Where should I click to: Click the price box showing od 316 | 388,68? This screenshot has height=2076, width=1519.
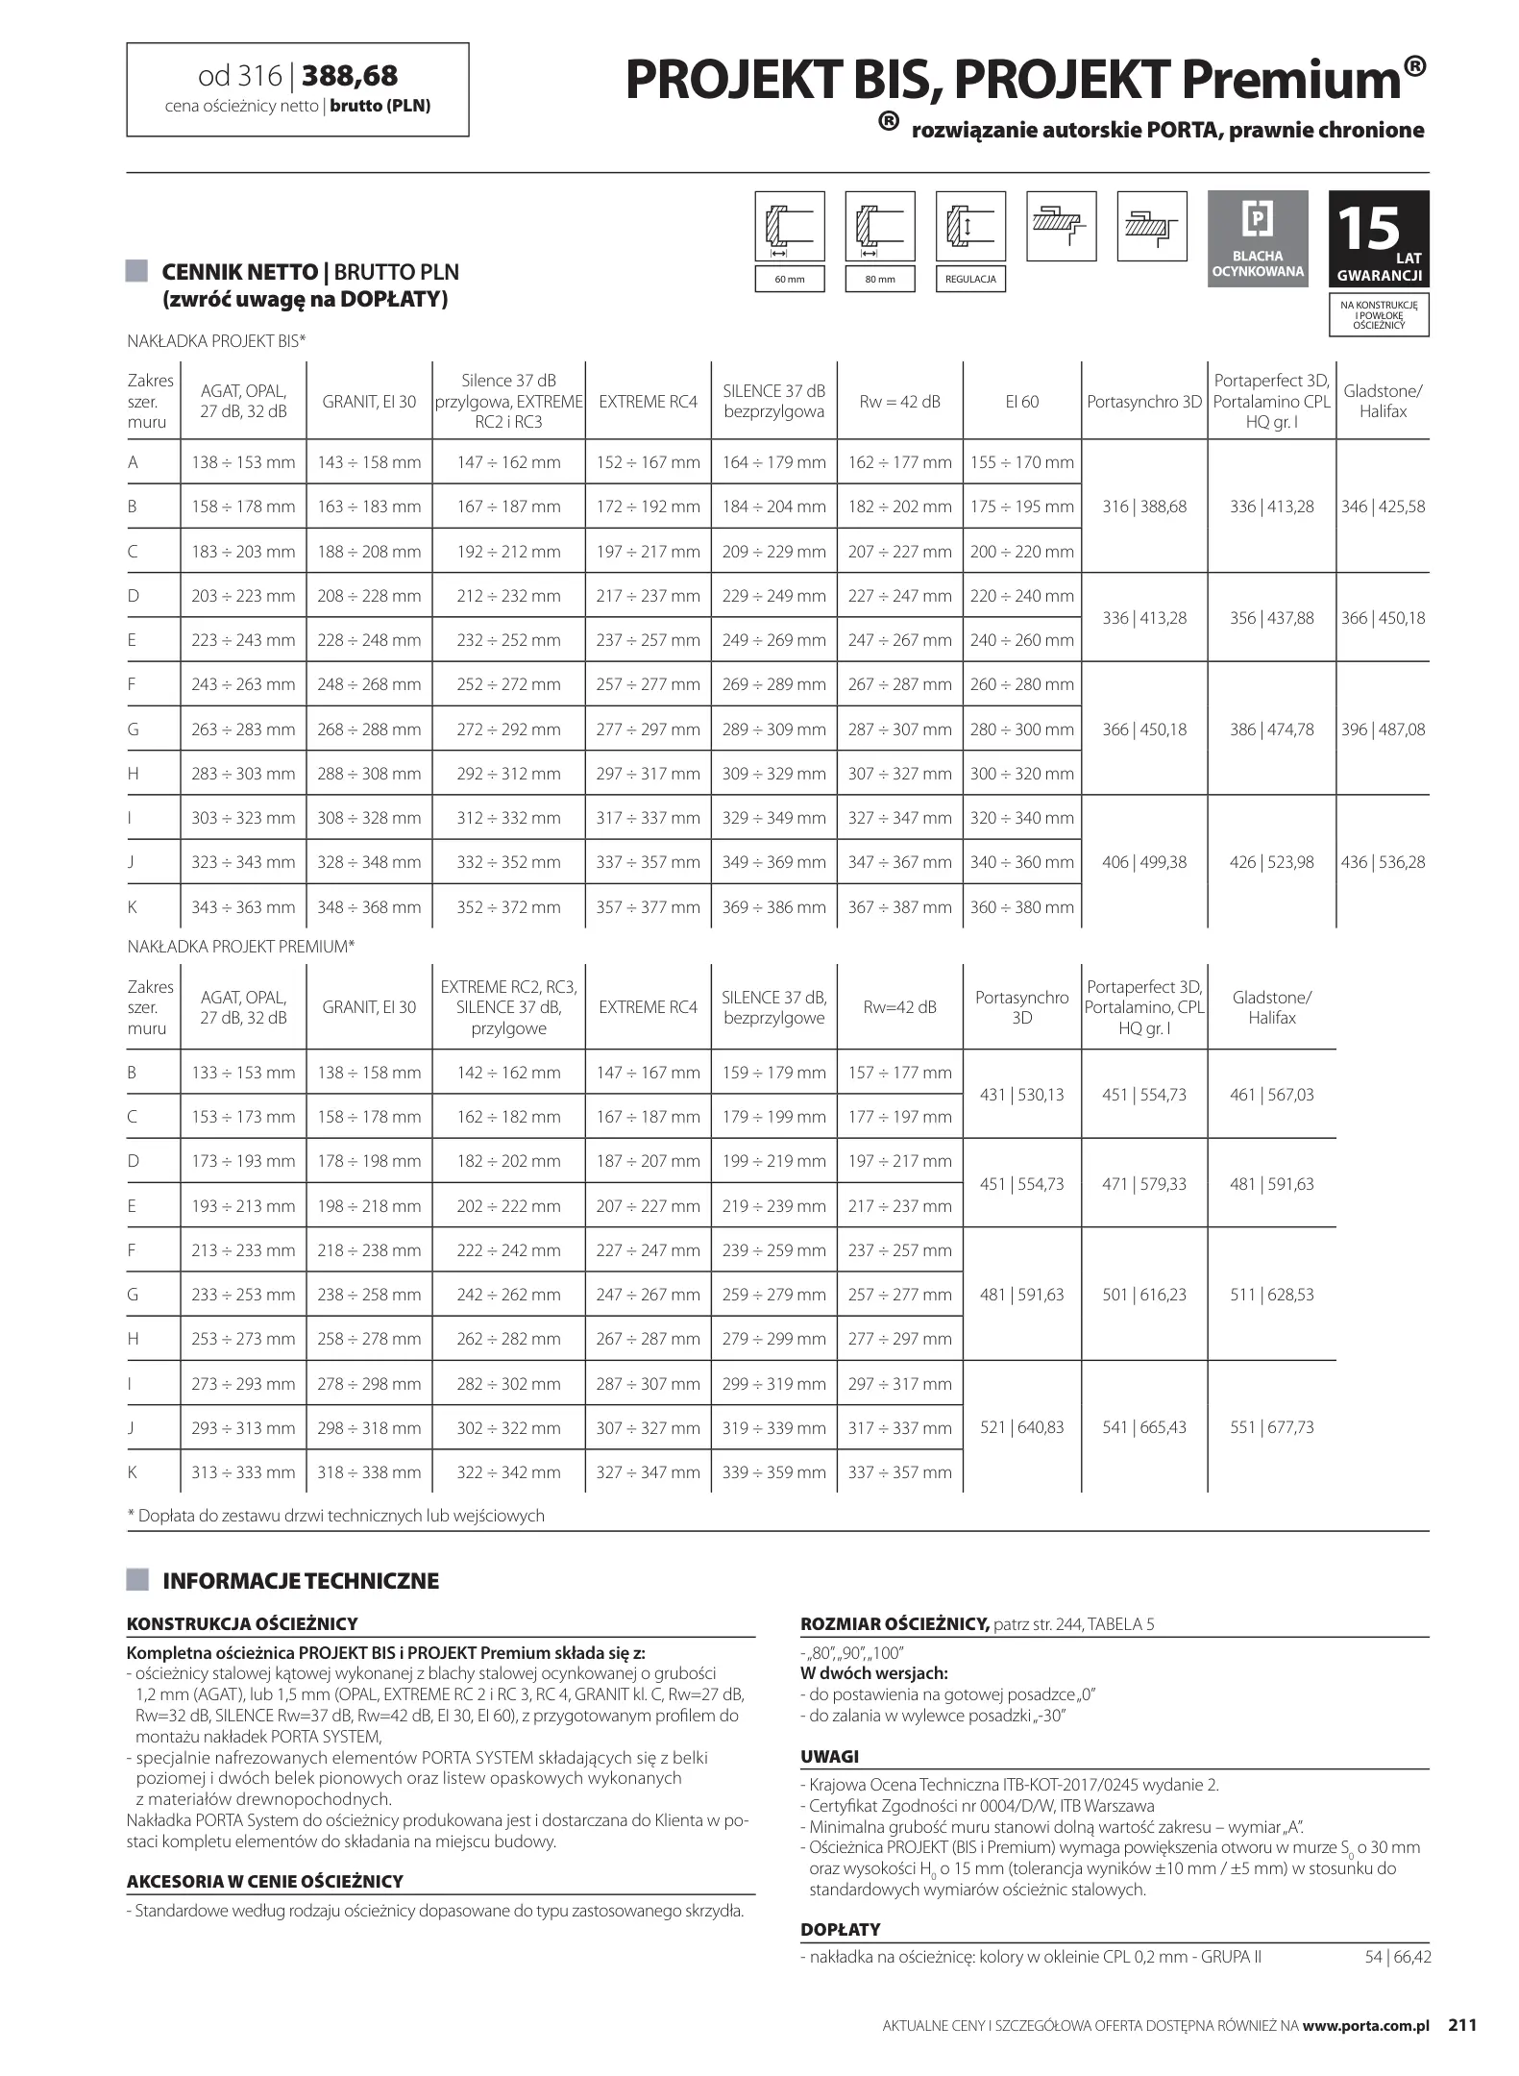[298, 89]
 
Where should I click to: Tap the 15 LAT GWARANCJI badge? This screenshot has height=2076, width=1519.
[1379, 239]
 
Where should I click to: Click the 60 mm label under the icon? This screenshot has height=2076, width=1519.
[789, 280]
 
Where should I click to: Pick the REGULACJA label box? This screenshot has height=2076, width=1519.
[969, 280]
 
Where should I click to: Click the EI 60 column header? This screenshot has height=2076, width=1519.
[1021, 402]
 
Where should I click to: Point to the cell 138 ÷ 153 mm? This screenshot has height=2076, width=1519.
[243, 462]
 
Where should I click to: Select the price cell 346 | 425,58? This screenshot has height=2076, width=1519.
[1383, 507]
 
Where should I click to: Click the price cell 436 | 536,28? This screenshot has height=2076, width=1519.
[1383, 862]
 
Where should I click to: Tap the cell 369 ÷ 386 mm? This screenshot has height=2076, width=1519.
[774, 907]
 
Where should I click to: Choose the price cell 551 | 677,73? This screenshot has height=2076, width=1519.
[1271, 1427]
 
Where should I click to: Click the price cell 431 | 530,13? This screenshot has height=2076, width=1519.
[1021, 1095]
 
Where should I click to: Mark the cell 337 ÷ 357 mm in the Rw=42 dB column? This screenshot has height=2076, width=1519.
[899, 1472]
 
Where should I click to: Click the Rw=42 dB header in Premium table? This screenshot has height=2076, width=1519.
[899, 1007]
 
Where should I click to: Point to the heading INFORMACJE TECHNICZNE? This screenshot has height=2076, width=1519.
[301, 1581]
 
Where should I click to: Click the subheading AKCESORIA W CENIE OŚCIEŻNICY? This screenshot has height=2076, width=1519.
[265, 1881]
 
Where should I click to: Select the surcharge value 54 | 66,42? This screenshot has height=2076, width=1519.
[1397, 1956]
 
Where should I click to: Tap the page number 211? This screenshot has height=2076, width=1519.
[1461, 2025]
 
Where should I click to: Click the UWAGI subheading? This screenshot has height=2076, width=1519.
[829, 1756]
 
